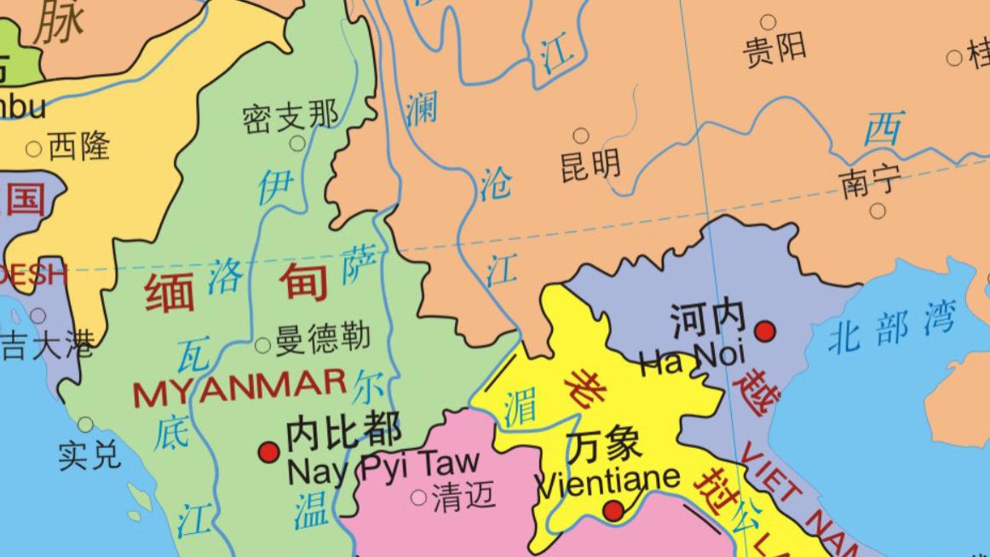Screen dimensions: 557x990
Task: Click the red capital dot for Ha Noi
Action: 765,330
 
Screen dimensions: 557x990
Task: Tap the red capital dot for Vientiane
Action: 613,511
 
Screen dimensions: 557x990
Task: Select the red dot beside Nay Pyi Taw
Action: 269,451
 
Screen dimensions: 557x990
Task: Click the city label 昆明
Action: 590,164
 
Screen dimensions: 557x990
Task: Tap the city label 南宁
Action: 871,181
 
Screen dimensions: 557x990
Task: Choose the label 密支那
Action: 290,116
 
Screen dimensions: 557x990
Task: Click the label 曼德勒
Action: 323,338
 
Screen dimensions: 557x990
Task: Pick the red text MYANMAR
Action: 239,392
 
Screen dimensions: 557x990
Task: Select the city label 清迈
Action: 463,496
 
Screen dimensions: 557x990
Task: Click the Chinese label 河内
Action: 708,319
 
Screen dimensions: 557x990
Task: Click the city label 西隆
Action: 78,146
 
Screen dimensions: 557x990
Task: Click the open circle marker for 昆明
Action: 581,135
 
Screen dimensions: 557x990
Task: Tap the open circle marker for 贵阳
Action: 768,22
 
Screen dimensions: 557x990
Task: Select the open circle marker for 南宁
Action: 878,210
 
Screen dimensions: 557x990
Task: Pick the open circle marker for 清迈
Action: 418,497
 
